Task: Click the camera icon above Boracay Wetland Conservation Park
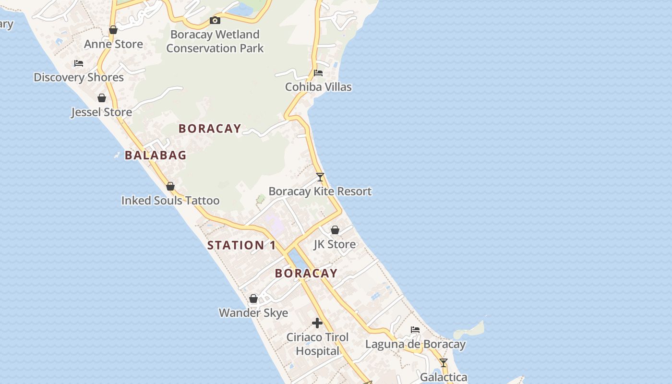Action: (215, 20)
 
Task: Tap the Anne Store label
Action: (113, 44)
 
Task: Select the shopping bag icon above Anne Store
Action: (113, 30)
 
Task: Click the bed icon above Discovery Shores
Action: (79, 63)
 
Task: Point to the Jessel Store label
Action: (101, 112)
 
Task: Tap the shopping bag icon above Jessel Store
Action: (102, 98)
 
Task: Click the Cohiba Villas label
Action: (318, 87)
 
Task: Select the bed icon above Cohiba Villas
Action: (318, 73)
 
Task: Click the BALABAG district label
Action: (156, 155)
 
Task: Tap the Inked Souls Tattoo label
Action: (170, 201)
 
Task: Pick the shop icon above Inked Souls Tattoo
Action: (170, 186)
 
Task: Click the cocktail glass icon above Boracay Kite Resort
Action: (320, 177)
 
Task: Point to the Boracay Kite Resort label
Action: (320, 192)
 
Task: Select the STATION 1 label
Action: (241, 245)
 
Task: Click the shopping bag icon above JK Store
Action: (335, 230)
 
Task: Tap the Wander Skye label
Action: (253, 313)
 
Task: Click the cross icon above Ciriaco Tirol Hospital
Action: (317, 323)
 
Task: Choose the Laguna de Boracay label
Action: (415, 344)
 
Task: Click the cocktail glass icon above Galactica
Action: (444, 363)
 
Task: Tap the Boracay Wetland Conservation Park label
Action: (215, 41)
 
